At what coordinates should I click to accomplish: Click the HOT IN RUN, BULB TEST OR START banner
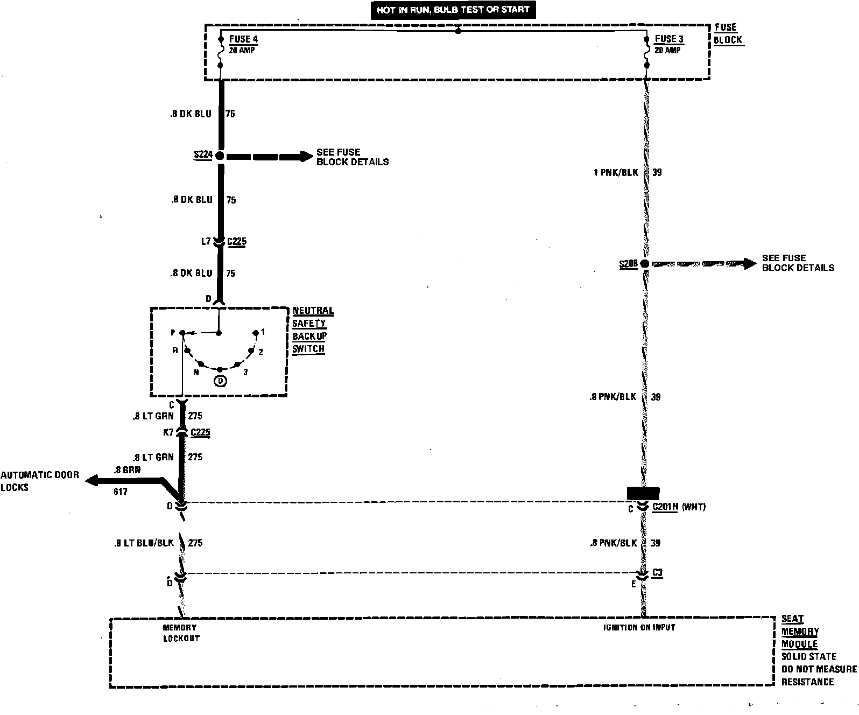[453, 10]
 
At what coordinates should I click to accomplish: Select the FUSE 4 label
[243, 39]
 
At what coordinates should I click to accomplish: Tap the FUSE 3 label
[669, 39]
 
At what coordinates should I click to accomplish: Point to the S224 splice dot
[220, 156]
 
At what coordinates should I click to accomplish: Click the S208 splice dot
[644, 264]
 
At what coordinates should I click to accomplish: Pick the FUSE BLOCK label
[728, 33]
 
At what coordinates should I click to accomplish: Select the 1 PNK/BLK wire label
[615, 173]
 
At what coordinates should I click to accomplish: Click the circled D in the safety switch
[220, 381]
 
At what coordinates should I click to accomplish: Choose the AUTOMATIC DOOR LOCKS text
[39, 481]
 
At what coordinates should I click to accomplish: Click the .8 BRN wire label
[127, 469]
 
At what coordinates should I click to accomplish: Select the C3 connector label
[657, 573]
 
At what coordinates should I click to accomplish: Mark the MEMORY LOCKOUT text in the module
[181, 633]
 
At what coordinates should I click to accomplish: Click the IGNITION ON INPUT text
[639, 627]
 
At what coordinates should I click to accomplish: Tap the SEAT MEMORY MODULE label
[800, 632]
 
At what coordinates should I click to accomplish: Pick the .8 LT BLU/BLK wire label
[144, 543]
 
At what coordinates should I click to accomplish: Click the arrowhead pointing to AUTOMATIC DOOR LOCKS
[92, 480]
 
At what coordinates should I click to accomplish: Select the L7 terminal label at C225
[206, 242]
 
